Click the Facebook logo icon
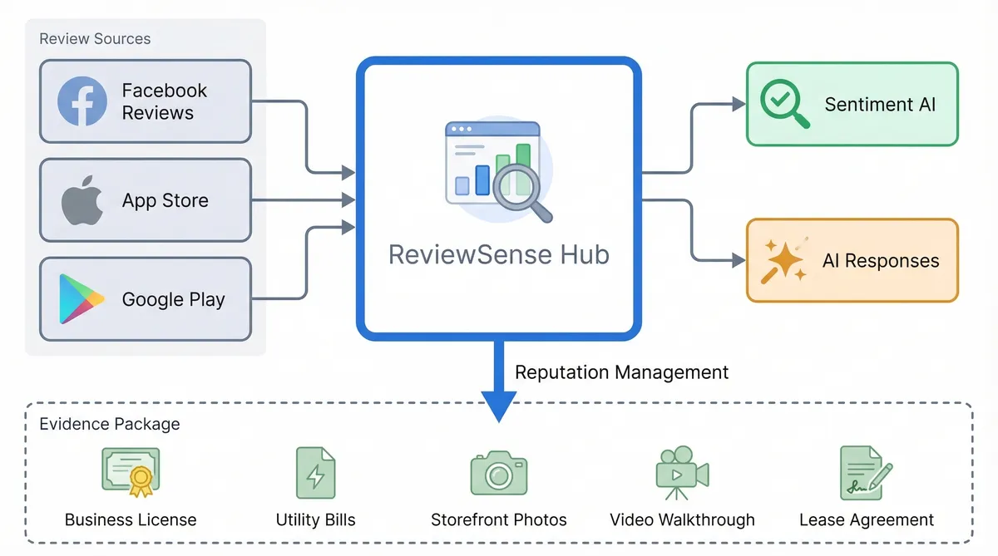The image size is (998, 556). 82,101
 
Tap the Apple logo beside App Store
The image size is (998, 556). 82,201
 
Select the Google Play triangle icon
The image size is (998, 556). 81,299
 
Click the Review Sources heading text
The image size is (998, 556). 95,39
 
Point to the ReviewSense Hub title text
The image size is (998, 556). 499,253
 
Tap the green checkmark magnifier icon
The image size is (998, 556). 784,104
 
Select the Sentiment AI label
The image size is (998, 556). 880,105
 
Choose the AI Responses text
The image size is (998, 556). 881,261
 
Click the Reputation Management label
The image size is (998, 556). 621,372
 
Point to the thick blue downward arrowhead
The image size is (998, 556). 499,402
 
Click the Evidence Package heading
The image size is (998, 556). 110,425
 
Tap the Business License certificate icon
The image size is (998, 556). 131,474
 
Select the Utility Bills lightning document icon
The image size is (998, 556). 315,474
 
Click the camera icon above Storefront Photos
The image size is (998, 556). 498,474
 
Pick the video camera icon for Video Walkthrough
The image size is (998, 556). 681,474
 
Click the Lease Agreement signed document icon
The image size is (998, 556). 865,474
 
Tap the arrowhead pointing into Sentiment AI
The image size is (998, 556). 739,104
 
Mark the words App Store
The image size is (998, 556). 165,201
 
